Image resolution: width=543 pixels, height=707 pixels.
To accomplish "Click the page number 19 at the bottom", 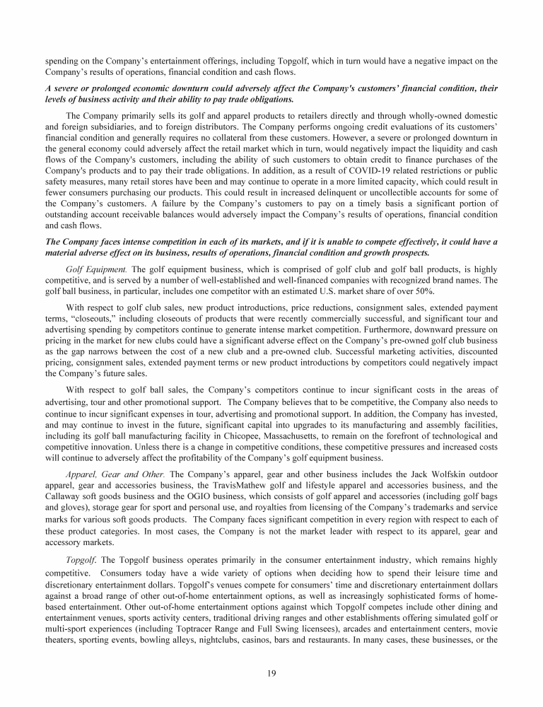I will click(271, 672).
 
